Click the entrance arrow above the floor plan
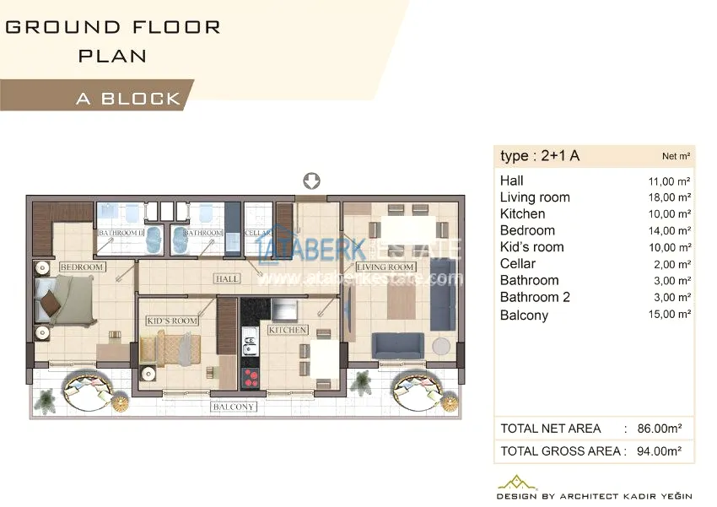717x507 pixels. [x=312, y=181]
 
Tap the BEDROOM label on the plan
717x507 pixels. [x=83, y=267]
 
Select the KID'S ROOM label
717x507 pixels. [x=172, y=321]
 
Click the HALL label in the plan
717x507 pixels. [x=227, y=278]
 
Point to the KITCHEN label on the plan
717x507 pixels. [x=288, y=330]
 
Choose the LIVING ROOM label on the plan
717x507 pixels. [x=385, y=267]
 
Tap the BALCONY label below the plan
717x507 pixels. [x=233, y=407]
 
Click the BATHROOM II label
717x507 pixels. [x=121, y=233]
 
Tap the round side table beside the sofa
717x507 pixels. [x=441, y=346]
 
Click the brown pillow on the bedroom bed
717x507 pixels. [x=51, y=303]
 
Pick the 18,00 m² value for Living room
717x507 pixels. [x=670, y=197]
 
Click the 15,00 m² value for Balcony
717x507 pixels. [x=670, y=314]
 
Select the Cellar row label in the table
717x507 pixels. [x=518, y=264]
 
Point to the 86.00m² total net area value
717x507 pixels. [x=660, y=429]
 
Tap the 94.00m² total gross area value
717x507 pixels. [x=660, y=451]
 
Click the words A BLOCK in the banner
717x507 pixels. [x=128, y=99]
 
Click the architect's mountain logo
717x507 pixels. [x=517, y=483]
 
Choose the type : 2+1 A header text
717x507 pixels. [x=540, y=156]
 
